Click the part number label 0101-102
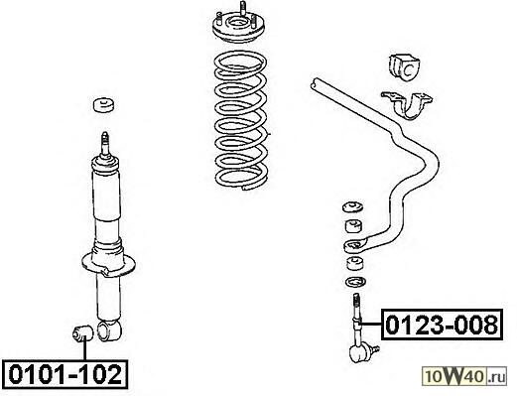(x=65, y=374)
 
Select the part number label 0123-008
(x=442, y=325)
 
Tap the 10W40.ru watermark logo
(x=464, y=376)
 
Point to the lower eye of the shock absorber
(x=109, y=330)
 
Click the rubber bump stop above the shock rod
(x=104, y=105)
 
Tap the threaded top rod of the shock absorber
(x=105, y=144)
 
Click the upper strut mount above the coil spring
(x=238, y=28)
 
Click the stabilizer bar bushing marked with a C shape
(x=404, y=67)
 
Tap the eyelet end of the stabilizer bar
(x=355, y=245)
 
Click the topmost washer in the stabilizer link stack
(x=353, y=206)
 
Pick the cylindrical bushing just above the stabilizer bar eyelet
(x=354, y=226)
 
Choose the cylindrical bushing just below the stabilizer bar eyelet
(x=355, y=263)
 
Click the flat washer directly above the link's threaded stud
(x=355, y=282)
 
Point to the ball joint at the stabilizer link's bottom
(x=361, y=353)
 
